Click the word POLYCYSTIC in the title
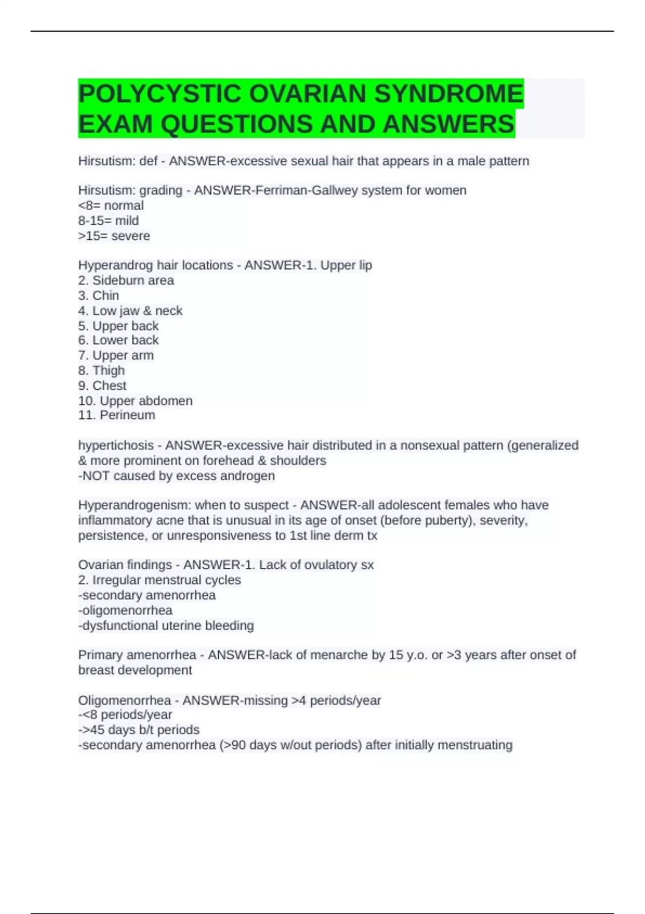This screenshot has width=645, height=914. click(160, 94)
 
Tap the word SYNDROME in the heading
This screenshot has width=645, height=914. click(448, 94)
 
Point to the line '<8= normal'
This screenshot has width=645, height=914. click(111, 205)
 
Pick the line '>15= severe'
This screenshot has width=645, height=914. click(114, 236)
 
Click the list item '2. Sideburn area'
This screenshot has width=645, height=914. click(126, 280)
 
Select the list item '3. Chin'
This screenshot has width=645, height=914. click(98, 296)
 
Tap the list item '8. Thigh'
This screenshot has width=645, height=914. click(101, 370)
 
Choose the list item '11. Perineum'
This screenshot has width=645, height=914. click(117, 415)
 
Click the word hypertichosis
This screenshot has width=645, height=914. click(116, 445)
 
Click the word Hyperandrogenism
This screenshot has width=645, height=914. click(130, 505)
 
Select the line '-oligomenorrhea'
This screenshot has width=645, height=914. click(125, 610)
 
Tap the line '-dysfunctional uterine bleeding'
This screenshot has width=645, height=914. click(166, 625)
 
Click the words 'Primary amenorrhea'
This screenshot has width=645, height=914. click(137, 655)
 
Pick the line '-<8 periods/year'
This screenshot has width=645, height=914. click(125, 715)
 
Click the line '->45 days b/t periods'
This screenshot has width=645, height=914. click(139, 730)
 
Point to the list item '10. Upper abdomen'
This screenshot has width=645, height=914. click(135, 401)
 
